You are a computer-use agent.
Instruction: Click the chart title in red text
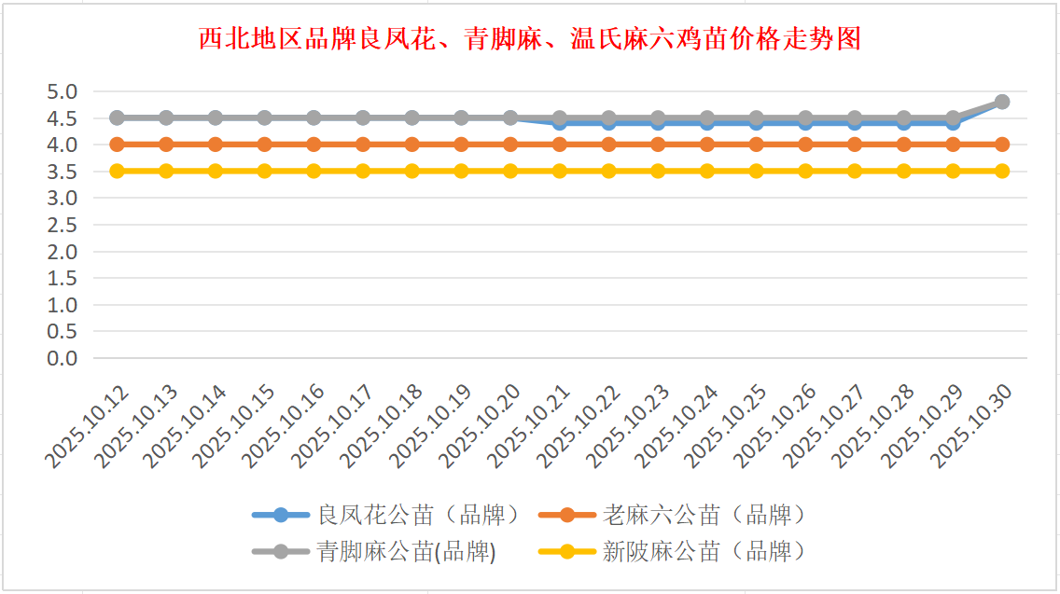[530, 39]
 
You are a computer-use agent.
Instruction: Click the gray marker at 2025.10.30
[1002, 102]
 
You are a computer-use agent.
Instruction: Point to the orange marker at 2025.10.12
[117, 145]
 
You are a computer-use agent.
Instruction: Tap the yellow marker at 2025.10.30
[1002, 171]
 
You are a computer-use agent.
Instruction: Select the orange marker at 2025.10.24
[707, 145]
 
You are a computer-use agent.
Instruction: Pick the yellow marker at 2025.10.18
[411, 171]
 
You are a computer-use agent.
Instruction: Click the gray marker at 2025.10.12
[117, 117]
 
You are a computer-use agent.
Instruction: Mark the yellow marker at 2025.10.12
[117, 171]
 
